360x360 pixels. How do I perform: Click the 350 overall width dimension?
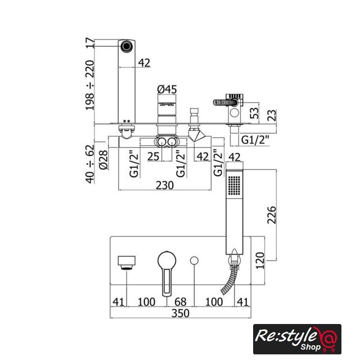(x=181, y=313)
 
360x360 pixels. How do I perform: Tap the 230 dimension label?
(x=165, y=185)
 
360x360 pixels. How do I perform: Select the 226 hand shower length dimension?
(x=272, y=215)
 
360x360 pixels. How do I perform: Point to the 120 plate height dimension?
(x=260, y=260)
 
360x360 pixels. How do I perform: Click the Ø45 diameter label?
(x=167, y=89)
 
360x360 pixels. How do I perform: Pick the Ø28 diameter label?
(x=103, y=160)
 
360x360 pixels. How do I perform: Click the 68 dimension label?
(x=181, y=301)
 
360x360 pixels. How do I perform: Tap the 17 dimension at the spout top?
(x=90, y=43)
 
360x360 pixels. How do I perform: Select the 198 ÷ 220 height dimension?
(x=90, y=85)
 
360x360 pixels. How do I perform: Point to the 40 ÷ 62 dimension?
(x=90, y=164)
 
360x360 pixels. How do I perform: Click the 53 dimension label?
(x=254, y=113)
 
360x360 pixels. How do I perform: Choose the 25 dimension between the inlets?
(x=153, y=156)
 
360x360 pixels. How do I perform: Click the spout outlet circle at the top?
(x=127, y=46)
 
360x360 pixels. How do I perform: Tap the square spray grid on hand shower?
(x=235, y=186)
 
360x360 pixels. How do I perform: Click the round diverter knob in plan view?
(x=194, y=260)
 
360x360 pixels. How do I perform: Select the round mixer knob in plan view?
(x=167, y=260)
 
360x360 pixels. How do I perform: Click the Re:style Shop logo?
(x=297, y=339)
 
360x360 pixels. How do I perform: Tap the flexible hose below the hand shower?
(x=229, y=280)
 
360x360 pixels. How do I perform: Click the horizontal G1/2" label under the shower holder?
(x=255, y=139)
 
